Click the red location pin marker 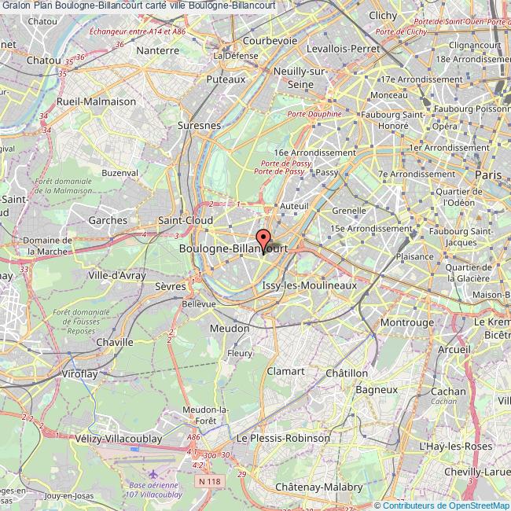pyautogui.click(x=263, y=239)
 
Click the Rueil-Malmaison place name pyautogui.click(x=97, y=102)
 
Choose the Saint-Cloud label pyautogui.click(x=186, y=221)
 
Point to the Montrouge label pyautogui.click(x=406, y=322)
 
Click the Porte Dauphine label pyautogui.click(x=314, y=114)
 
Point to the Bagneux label pyautogui.click(x=377, y=389)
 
